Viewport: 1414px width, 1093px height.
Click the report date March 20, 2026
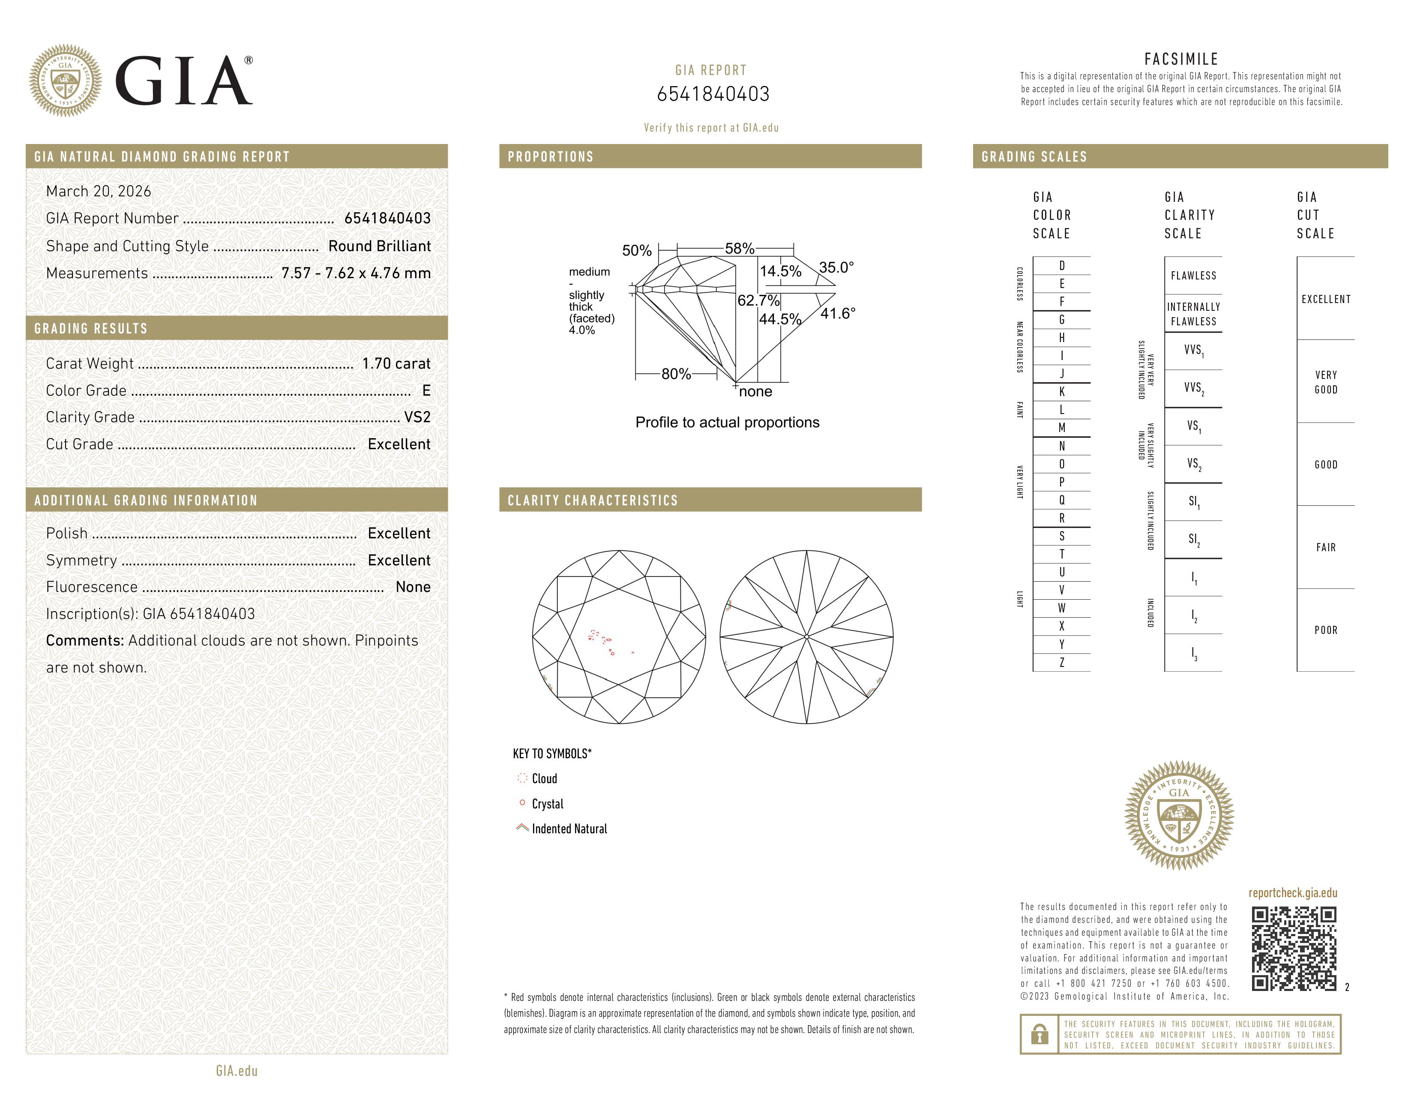coord(99,192)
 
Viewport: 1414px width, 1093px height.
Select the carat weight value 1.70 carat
coord(395,364)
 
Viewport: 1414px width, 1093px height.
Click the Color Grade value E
coord(426,390)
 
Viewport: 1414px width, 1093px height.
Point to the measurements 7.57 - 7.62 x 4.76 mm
coord(356,273)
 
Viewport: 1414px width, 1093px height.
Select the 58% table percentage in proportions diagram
coord(740,249)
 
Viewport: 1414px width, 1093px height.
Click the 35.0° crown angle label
coord(836,267)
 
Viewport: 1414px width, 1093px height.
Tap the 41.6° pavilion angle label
coord(838,314)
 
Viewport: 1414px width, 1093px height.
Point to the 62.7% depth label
coord(758,300)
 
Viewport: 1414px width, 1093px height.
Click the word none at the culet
coord(755,392)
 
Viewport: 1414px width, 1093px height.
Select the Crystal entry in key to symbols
coord(547,804)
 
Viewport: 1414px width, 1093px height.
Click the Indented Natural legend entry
coord(569,829)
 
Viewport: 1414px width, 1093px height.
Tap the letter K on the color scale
coord(1062,392)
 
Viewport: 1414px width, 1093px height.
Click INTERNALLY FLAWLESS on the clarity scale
coord(1193,314)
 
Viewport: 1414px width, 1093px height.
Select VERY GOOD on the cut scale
coord(1325,382)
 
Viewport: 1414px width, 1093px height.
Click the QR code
coord(1294,949)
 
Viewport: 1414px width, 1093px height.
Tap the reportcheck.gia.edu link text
coord(1292,893)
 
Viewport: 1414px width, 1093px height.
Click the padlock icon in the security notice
coord(1039,1034)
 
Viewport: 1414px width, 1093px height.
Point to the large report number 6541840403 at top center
coord(713,95)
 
